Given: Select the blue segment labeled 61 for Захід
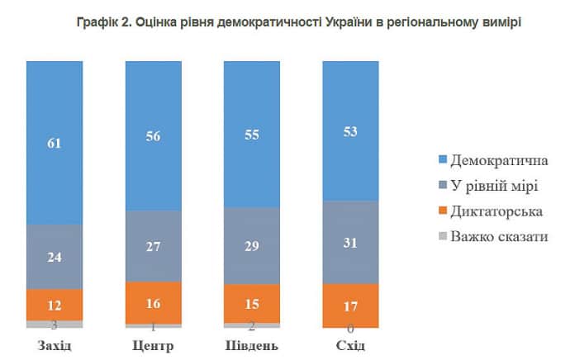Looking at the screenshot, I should point(55,142).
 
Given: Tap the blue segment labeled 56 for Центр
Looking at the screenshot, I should point(153,136).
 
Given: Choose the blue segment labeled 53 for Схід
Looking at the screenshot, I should point(350,132).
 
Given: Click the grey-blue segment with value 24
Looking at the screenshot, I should point(55,257).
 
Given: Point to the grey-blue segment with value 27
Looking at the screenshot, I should point(153,246).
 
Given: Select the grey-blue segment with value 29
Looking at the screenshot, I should point(252,246).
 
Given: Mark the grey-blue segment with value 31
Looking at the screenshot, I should point(350,242).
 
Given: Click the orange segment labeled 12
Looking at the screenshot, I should point(55,304).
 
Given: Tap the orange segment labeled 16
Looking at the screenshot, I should point(153,303).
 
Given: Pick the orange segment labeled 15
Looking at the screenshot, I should point(252,303).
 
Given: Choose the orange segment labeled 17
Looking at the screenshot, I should point(350,306).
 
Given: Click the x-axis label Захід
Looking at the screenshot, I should point(55,344).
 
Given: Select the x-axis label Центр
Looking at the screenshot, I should point(153,344).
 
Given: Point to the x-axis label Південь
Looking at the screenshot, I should point(252,344).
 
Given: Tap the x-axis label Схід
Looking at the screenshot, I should point(350,344).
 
